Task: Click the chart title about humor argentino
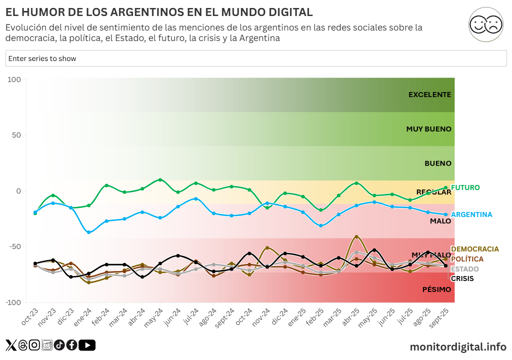(159, 12)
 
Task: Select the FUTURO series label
(465, 187)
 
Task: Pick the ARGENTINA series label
(471, 214)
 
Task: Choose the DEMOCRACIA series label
(474, 249)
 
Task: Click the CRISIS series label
(462, 278)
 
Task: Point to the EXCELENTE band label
(429, 94)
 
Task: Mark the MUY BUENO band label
(428, 129)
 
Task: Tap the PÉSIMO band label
(436, 289)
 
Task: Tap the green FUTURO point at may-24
(160, 179)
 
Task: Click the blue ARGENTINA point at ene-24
(89, 232)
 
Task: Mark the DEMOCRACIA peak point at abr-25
(356, 236)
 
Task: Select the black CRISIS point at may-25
(374, 250)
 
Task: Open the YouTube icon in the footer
(87, 345)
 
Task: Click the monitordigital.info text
(457, 346)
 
